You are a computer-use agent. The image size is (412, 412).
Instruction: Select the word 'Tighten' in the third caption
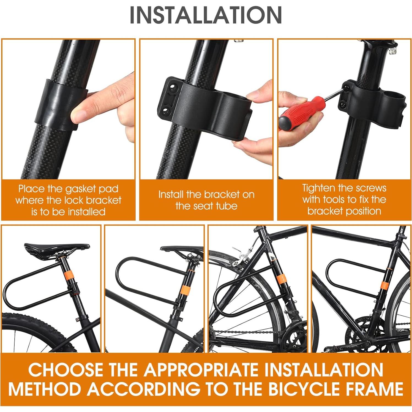coord(319,188)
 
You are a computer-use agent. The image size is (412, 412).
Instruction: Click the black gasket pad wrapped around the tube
coord(59,105)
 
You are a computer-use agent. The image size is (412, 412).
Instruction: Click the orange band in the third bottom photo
coord(281,279)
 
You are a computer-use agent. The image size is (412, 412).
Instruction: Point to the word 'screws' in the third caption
coord(369,188)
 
